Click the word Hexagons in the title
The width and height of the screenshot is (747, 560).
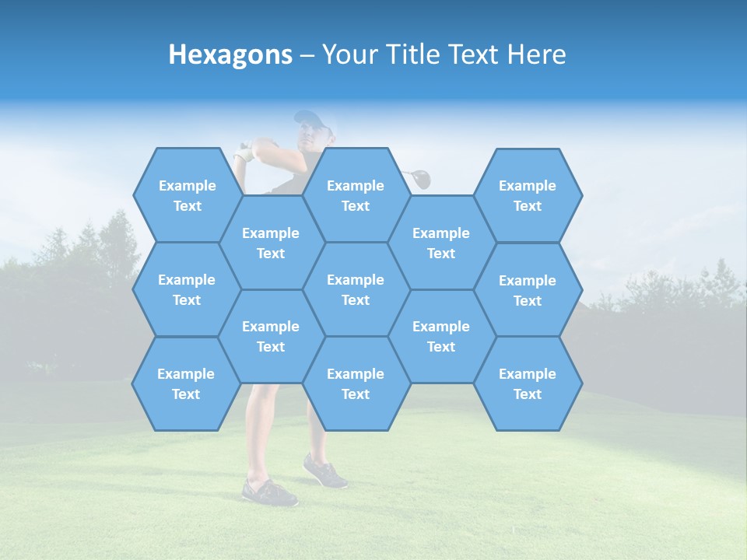230,55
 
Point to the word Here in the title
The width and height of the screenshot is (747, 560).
537,55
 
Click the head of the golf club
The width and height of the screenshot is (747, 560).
420,179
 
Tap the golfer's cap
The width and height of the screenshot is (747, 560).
310,118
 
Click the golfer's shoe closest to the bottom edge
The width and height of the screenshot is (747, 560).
269,492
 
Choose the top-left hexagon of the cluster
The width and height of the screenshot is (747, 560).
187,195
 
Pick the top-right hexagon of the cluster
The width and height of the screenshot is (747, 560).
528,195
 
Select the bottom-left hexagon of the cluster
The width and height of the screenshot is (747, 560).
186,383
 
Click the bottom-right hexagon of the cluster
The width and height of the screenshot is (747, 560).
528,383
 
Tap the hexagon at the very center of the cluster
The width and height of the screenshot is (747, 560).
356,289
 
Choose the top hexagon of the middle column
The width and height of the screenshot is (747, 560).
356,195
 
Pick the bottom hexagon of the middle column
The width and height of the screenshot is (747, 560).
356,383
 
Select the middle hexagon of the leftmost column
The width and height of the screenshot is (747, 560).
187,289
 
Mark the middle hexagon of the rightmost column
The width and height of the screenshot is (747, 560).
528,290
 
